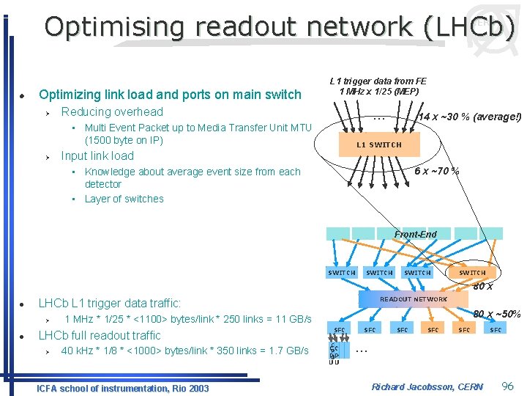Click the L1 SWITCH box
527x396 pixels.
[379, 144]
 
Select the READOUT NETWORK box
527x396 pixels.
[413, 299]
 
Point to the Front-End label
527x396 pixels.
[415, 235]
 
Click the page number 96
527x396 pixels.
[508, 386]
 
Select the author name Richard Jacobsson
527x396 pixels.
[427, 386]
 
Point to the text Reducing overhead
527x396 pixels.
[112, 111]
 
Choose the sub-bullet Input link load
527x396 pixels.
[97, 155]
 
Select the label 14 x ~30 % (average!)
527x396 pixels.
[469, 117]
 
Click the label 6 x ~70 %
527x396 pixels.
[437, 171]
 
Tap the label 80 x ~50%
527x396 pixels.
[496, 315]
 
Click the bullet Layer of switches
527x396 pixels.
[124, 199]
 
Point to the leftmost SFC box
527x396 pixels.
[339, 330]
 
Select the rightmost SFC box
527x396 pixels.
[496, 330]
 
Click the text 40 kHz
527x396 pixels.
[77, 351]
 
